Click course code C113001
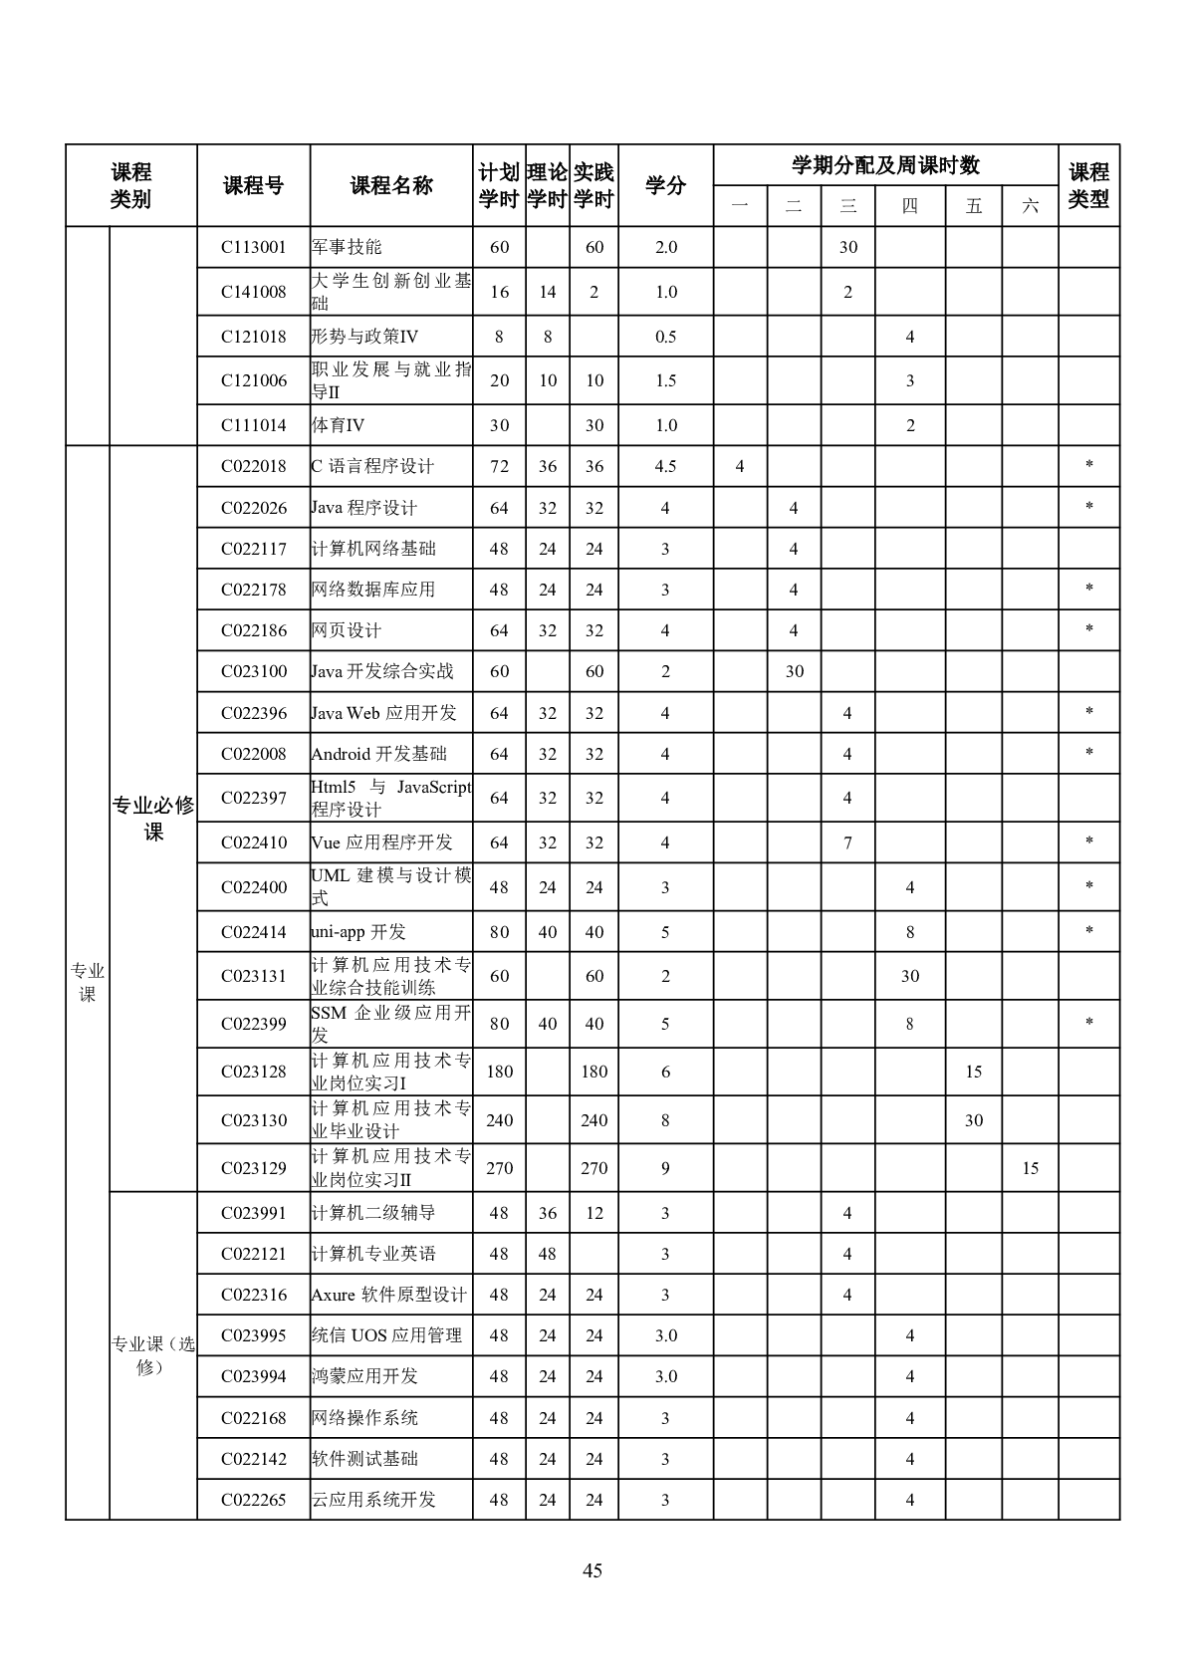[x=253, y=247]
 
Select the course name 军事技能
[x=347, y=247]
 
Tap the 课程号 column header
[x=253, y=185]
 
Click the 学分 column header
[x=665, y=185]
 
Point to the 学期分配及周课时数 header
[x=885, y=165]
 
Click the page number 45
[x=593, y=1570]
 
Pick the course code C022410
[x=253, y=842]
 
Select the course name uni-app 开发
[x=358, y=932]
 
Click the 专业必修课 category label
[x=152, y=819]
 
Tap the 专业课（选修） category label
[x=152, y=1355]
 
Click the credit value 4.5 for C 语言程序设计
[x=665, y=466]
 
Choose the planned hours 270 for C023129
[x=499, y=1168]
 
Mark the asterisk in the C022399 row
[x=1088, y=1024]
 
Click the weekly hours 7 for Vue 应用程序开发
[x=847, y=842]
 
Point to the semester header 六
[x=1030, y=206]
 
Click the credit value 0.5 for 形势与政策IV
[x=665, y=337]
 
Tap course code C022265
[x=253, y=1500]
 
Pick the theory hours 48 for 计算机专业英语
[x=547, y=1254]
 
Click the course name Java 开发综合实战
[x=382, y=671]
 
